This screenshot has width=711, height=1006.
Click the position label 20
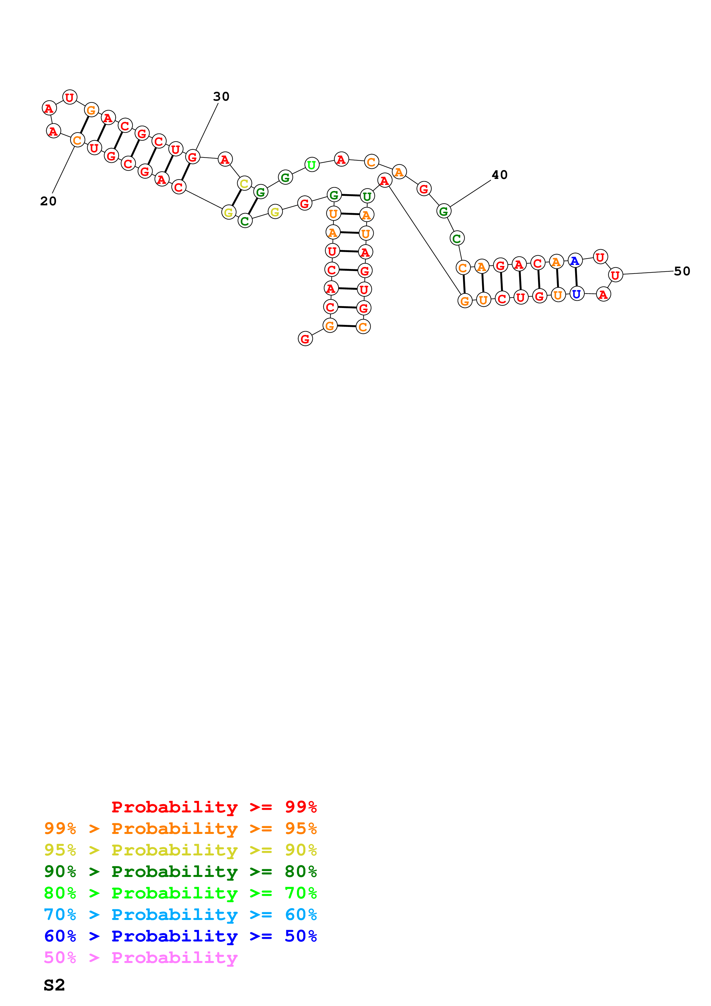48,201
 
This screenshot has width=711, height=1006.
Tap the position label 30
221,96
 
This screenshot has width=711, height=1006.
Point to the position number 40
499,175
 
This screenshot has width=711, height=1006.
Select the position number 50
682,271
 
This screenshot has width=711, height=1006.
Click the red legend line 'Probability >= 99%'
214,807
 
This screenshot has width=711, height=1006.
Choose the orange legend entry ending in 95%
180,828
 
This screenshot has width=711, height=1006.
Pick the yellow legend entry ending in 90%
180,850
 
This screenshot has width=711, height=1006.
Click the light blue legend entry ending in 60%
180,915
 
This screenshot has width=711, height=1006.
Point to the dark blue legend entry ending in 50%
180,936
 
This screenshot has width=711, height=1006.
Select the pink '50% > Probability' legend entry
141,957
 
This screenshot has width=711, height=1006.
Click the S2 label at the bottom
54,984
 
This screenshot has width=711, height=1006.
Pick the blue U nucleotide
576,294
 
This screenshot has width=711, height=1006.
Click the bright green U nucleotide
311,165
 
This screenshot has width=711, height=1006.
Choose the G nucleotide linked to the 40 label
444,211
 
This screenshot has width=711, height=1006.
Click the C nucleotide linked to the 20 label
77,140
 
